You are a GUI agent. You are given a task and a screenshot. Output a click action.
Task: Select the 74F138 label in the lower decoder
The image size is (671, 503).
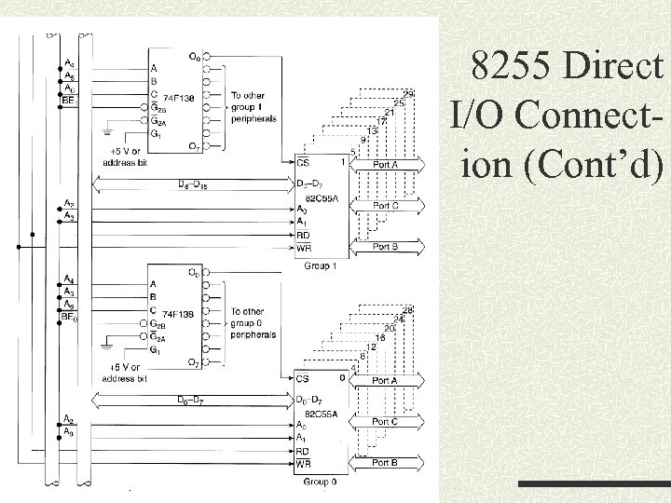click(178, 314)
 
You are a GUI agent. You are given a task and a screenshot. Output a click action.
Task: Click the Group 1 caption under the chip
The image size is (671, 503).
click(320, 265)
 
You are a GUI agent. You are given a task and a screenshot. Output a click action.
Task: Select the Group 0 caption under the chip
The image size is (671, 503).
click(320, 482)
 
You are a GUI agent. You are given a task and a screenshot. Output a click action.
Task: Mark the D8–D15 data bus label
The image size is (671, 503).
click(193, 184)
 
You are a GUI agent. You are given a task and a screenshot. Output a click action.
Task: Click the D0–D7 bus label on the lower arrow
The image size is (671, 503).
click(193, 401)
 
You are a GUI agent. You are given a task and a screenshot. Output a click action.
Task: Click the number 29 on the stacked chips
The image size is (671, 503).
click(409, 90)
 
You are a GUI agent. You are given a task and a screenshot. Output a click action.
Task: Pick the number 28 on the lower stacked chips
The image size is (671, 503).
click(407, 309)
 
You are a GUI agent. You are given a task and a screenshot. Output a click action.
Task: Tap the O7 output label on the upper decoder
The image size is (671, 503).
click(193, 146)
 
